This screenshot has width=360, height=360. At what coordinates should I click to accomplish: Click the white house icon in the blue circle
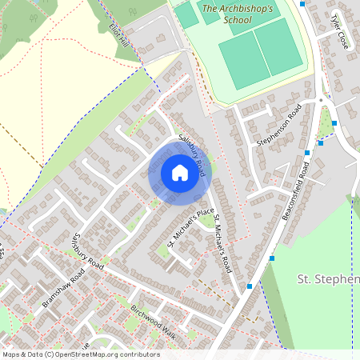(179, 173)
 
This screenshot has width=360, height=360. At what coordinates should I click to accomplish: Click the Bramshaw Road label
(63, 291)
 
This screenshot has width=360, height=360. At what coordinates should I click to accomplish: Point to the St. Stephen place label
(328, 279)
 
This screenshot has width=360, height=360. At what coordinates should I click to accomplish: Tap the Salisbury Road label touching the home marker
(194, 154)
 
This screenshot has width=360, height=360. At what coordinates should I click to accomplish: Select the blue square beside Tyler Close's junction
(302, 3)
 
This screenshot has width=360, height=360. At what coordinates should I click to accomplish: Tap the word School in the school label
(237, 21)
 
